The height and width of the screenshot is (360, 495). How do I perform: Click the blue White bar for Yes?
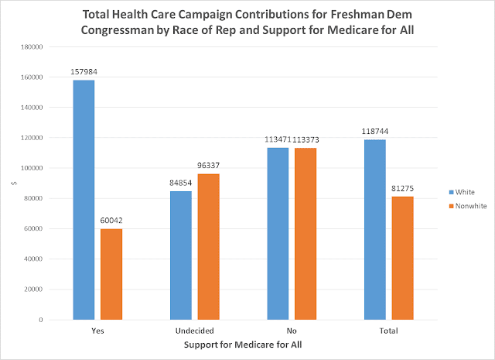point(84,200)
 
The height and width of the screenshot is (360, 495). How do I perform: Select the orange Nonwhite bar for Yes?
point(111,274)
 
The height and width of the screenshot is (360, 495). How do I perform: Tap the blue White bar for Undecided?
point(181,255)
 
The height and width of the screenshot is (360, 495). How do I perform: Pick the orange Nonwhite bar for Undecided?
point(209,246)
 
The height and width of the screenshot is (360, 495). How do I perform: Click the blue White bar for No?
point(278,234)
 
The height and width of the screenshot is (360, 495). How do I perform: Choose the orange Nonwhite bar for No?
point(306,234)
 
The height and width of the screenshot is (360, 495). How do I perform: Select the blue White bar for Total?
point(375,229)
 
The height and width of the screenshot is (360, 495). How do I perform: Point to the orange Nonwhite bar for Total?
point(403,258)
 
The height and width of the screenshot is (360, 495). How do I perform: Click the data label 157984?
point(84,72)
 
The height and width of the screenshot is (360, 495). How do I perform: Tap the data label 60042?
point(111,221)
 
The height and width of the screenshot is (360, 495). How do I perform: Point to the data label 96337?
point(208,166)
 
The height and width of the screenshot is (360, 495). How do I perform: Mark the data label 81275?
point(402,188)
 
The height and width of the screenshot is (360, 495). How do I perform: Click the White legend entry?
point(462,192)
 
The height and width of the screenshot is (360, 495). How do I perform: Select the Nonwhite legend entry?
point(468,206)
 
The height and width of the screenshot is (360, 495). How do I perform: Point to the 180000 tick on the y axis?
point(32,47)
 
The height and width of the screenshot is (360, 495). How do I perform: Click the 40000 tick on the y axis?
point(33,259)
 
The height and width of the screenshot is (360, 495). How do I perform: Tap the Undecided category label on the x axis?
point(195,331)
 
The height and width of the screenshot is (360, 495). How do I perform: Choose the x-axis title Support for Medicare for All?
point(243,345)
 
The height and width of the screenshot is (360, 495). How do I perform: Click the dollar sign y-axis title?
point(14,183)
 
